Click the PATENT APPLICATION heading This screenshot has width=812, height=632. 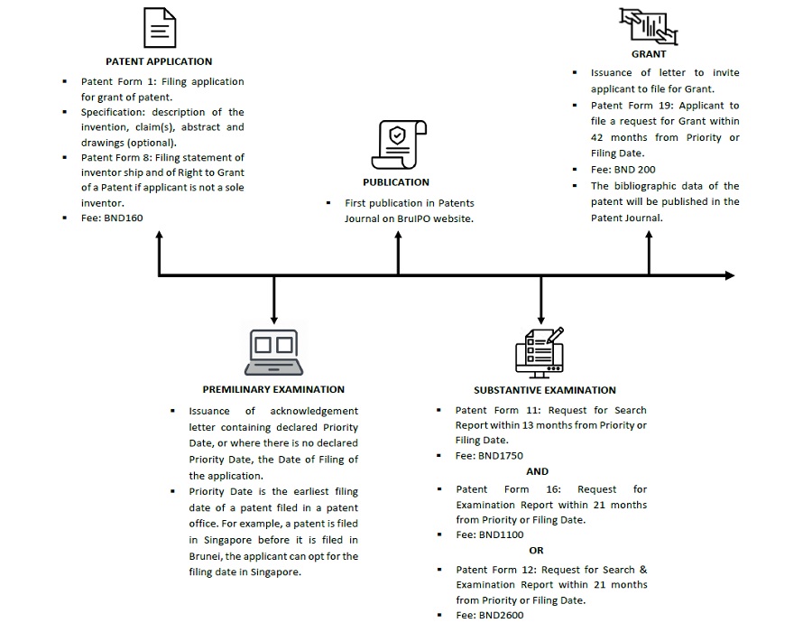coord(159,61)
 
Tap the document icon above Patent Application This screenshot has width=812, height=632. coord(160,27)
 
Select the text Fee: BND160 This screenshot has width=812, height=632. coord(112,218)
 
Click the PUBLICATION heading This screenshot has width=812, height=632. coord(396,182)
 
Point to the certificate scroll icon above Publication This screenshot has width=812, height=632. coord(399,144)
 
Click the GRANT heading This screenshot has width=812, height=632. coord(649,54)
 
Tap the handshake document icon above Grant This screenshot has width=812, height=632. coord(649,26)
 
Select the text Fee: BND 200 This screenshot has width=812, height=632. coord(623,170)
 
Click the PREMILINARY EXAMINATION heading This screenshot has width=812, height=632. coord(273,389)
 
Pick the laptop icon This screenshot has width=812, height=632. coord(274,352)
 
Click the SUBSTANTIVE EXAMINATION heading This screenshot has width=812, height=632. coord(545,390)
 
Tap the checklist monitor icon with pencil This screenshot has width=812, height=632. coord(540,352)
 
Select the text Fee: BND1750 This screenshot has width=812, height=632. coord(489,456)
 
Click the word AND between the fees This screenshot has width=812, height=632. coord(537,471)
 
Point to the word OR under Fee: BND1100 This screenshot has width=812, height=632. coord(537,550)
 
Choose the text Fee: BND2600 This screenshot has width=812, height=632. coord(490,616)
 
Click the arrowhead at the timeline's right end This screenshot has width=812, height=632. coord(730,275)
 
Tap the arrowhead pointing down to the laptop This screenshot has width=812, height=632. coord(274,321)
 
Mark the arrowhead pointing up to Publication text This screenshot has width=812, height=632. coord(398,235)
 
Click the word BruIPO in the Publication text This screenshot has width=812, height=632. coord(414,218)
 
